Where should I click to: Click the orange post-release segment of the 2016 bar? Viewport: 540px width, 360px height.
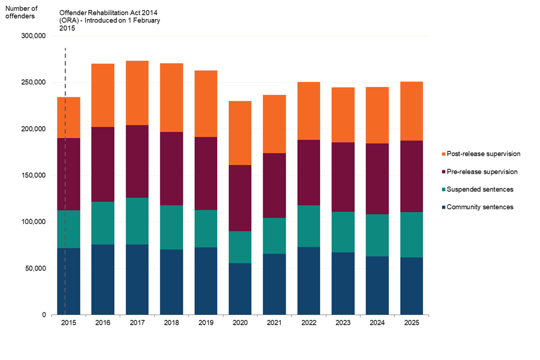103,95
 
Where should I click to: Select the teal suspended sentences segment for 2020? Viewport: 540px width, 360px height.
240,247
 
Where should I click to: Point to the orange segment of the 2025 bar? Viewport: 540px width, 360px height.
412,111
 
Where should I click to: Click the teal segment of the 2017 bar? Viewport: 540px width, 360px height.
137,220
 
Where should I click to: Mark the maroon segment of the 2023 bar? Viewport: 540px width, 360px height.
343,177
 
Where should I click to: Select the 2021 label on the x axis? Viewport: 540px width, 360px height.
274,323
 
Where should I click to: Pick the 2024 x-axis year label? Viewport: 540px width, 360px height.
377,323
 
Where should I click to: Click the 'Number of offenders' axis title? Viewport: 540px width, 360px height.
21,12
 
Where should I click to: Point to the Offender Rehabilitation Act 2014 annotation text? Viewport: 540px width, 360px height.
110,20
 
